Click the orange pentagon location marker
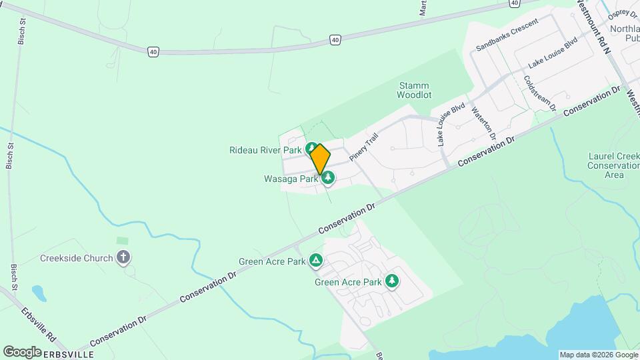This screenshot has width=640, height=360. point(320,159)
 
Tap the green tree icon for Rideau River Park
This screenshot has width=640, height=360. point(310,148)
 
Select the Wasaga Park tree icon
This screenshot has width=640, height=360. point(327,178)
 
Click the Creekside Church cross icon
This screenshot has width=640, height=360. point(123,257)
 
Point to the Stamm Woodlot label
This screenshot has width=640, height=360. point(413,91)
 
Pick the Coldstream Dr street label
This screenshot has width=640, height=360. point(539,93)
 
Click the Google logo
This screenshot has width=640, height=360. point(22,351)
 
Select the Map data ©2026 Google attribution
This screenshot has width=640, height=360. point(598,355)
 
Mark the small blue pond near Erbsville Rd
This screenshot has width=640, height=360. point(39,292)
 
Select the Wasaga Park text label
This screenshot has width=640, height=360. point(291,179)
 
